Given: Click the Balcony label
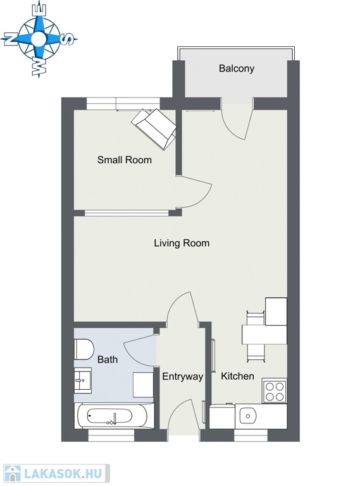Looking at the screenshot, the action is coord(237,68).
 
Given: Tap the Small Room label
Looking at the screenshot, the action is coord(125,160).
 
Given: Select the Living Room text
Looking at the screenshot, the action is coord(182,243).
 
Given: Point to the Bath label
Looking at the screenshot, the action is coord(108,359).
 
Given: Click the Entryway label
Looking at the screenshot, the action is coord(183,377).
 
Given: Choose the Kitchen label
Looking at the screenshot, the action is coord(237,376).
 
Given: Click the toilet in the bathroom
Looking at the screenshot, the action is coord(84,349).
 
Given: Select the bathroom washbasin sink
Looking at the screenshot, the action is coord(82,380).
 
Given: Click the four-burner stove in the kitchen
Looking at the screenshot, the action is coord(275,391).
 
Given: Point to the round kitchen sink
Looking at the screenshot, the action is coord(248,416).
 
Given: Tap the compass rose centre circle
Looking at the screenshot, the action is coord(39,39).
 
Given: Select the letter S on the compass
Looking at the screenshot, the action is coord(68,39).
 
